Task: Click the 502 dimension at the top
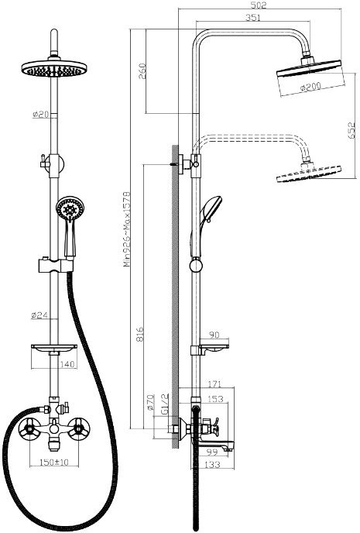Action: click(259, 5)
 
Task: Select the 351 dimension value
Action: click(253, 17)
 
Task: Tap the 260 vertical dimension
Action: click(142, 71)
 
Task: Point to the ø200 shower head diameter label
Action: click(310, 87)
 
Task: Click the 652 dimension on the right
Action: click(351, 130)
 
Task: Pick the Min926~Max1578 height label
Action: click(126, 229)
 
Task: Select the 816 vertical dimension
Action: click(140, 334)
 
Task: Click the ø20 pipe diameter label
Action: click(41, 114)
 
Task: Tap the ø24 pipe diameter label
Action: click(39, 315)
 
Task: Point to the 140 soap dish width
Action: click(67, 364)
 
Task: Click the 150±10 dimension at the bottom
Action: click(54, 462)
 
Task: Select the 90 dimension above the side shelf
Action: click(214, 335)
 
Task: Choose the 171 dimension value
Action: click(214, 384)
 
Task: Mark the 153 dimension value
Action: click(215, 399)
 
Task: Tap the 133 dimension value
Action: click(213, 464)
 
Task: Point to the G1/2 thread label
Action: click(165, 404)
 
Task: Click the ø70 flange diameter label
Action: click(151, 403)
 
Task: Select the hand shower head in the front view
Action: click(70, 209)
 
